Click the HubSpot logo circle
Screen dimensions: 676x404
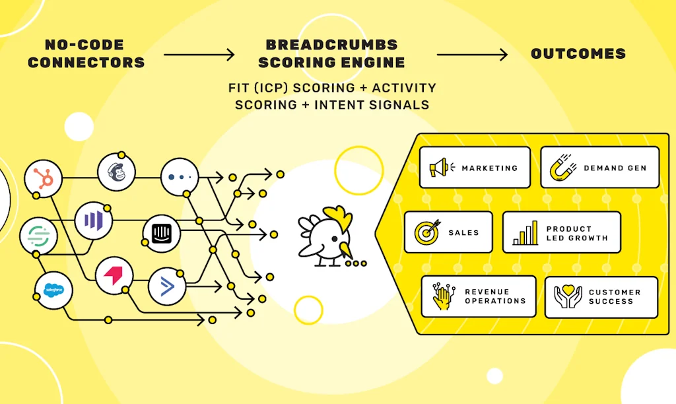coord(43,178)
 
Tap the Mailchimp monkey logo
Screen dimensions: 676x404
coord(116,172)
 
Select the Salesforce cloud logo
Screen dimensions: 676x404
coord(53,290)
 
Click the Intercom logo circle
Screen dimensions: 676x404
coord(162,234)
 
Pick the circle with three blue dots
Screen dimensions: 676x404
coord(180,177)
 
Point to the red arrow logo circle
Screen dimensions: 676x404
coord(114,275)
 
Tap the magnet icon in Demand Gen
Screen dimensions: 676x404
coord(563,167)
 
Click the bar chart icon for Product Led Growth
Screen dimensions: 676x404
coord(525,233)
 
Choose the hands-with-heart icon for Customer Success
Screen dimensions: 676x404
coord(568,296)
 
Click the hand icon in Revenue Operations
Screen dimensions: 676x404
coord(443,296)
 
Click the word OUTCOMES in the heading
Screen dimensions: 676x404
coord(578,54)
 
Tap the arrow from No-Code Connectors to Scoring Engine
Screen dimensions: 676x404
coord(199,55)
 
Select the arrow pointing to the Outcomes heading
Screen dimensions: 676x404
coord(473,55)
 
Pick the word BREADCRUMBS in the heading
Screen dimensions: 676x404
coord(331,45)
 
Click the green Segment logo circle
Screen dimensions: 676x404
coord(38,236)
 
